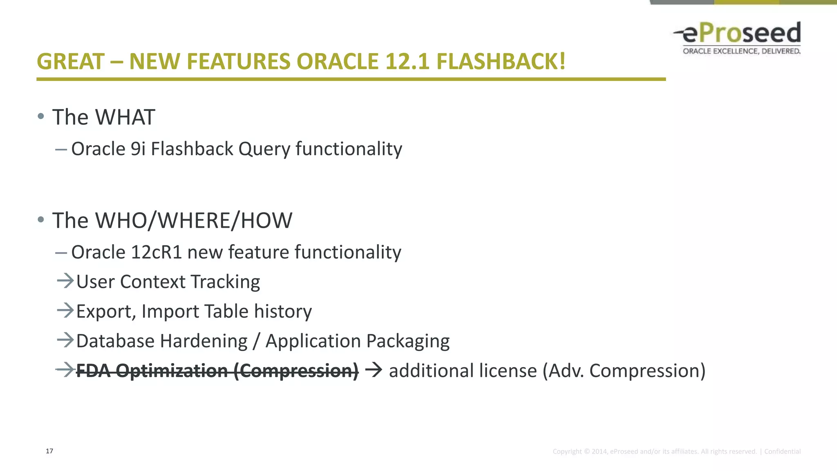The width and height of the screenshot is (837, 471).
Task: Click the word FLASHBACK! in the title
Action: click(x=501, y=62)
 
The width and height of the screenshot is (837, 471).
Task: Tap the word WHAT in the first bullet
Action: click(x=125, y=117)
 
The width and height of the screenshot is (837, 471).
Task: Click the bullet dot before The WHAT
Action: click(x=40, y=117)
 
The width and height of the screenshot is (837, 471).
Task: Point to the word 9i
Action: click(x=138, y=149)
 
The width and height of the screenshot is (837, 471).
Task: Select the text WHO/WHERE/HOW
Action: click(x=193, y=221)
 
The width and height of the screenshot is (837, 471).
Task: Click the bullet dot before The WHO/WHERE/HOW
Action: click(x=40, y=220)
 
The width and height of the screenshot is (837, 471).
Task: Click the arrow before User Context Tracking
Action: click(x=65, y=281)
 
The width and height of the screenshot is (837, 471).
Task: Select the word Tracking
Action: click(x=225, y=282)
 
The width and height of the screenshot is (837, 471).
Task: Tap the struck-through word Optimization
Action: click(x=172, y=371)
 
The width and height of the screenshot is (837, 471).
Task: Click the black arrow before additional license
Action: click(x=374, y=370)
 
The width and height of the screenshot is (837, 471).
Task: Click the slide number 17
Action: click(x=49, y=451)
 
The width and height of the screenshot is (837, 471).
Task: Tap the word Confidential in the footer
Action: click(x=782, y=451)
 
